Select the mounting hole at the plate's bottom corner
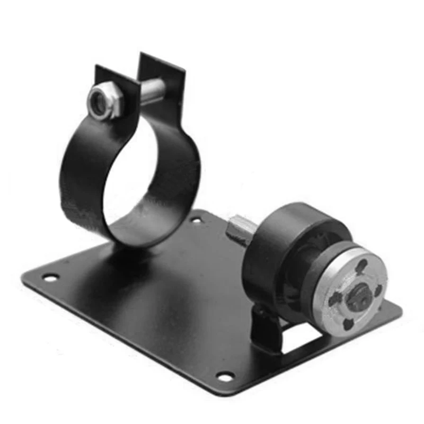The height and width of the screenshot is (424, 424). (x=226, y=376)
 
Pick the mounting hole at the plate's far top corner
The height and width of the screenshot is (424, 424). (x=196, y=218)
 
